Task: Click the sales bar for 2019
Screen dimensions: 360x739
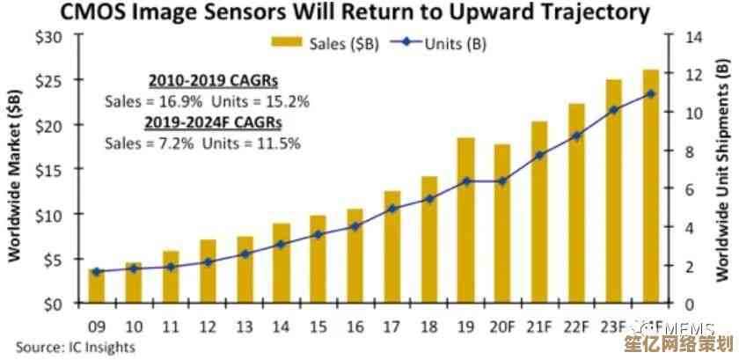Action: (x=465, y=220)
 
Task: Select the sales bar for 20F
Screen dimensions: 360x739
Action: (x=501, y=224)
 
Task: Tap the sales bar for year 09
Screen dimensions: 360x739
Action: (x=96, y=285)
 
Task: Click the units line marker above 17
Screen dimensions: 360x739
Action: (x=393, y=209)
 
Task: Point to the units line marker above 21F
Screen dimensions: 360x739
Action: (x=539, y=155)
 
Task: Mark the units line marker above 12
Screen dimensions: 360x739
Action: (x=209, y=262)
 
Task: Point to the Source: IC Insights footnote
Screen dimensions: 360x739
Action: (x=76, y=347)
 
